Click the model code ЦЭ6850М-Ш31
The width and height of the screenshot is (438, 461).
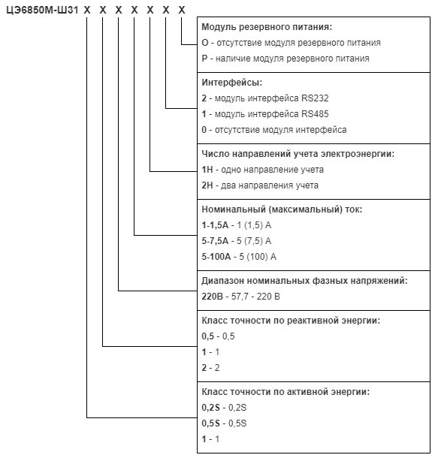(42, 11)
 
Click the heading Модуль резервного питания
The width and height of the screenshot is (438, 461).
(267, 27)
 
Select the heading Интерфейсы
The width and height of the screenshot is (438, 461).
(232, 83)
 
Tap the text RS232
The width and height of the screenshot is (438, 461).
(315, 98)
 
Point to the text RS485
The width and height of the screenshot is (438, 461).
(315, 114)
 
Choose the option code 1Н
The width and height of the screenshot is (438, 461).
(207, 170)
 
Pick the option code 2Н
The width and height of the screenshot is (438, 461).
(207, 185)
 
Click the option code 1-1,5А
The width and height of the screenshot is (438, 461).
(215, 225)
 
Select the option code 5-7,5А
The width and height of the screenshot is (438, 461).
(215, 241)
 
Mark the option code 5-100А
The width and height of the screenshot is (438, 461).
(216, 257)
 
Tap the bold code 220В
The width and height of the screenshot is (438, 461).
(213, 297)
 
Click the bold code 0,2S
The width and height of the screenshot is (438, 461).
(210, 408)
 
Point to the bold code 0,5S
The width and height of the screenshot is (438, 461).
(210, 423)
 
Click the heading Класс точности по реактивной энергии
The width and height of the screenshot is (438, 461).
(291, 321)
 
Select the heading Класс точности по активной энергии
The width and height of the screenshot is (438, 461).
(285, 392)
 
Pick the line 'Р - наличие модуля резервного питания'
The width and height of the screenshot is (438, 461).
(285, 59)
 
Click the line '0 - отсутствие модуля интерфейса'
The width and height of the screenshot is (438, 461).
(274, 130)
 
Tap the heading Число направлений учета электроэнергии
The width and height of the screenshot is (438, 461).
(298, 154)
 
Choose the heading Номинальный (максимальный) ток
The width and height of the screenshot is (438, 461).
(282, 209)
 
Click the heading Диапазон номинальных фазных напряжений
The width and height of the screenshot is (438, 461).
(305, 281)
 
